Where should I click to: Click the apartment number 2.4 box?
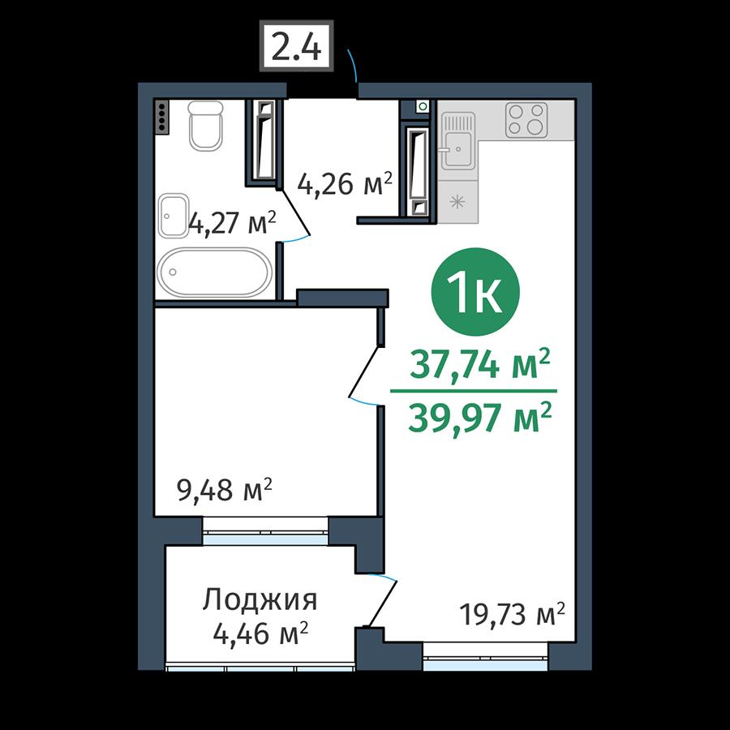coord(297,45)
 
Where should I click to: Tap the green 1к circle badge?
coord(474,292)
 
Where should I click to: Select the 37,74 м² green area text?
coord(480,363)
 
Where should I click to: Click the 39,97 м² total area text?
coord(480,417)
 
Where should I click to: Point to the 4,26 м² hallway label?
coord(345,184)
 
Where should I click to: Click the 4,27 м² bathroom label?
coord(231,223)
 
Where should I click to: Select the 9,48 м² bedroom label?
coord(224,490)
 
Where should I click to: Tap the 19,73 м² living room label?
coord(512,614)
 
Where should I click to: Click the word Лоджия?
coord(260,600)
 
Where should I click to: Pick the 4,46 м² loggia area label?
coord(260,633)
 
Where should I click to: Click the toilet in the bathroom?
coord(206,126)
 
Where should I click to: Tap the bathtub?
coord(215,273)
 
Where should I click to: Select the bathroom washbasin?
coord(174,216)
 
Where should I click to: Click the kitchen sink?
coord(457,141)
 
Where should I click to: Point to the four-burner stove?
coord(526,120)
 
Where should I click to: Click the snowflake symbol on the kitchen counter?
coord(457,202)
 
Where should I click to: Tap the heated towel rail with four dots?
coord(162,118)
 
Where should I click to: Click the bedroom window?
coord(266,530)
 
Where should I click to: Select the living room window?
coord(485,657)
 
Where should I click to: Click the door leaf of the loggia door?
coord(383,603)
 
